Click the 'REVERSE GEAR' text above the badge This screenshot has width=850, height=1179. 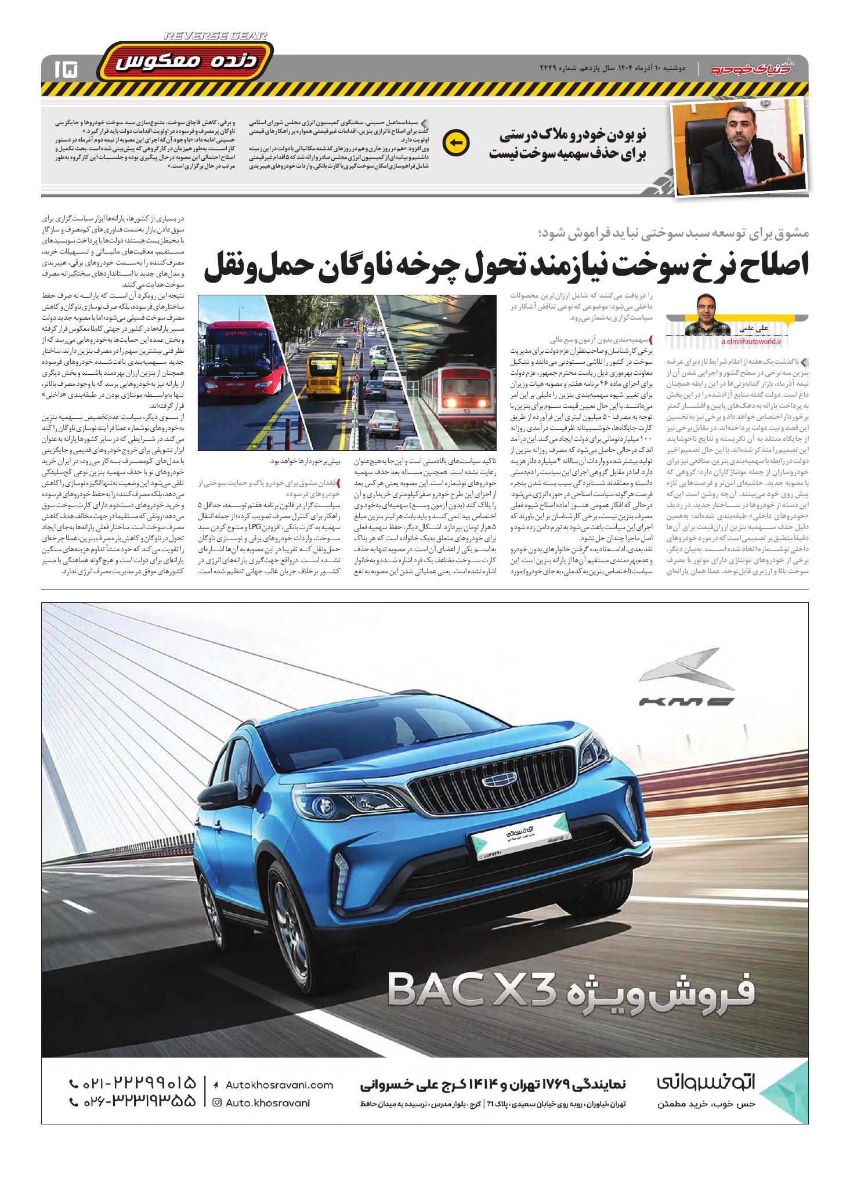(x=215, y=36)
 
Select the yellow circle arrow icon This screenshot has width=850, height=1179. (x=455, y=143)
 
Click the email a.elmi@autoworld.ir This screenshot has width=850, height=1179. (x=751, y=342)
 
